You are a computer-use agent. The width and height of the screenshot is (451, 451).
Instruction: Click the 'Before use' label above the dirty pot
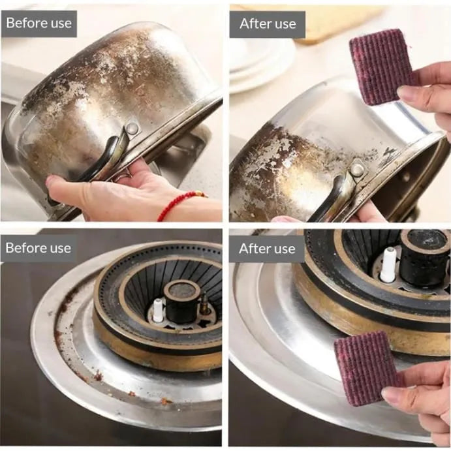[x=39, y=23]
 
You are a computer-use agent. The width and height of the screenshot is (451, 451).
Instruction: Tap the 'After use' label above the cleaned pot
[x=268, y=24]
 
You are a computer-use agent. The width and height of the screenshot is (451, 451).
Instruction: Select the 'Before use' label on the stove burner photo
[x=39, y=248]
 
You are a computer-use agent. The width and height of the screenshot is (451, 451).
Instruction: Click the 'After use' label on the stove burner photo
[x=267, y=249]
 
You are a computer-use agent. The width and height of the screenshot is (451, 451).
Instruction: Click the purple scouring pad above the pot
[x=381, y=67]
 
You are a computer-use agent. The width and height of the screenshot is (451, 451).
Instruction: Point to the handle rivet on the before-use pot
[x=132, y=129]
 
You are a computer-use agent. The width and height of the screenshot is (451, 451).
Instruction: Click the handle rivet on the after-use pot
[x=357, y=170]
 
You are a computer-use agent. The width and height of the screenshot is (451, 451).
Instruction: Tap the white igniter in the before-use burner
[x=157, y=310]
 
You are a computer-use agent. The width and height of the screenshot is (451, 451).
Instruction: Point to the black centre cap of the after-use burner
[x=425, y=257]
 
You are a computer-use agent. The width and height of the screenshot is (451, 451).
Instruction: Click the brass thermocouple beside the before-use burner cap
[x=205, y=304]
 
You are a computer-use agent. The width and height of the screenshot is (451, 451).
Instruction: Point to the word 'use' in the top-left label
[x=61, y=24]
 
